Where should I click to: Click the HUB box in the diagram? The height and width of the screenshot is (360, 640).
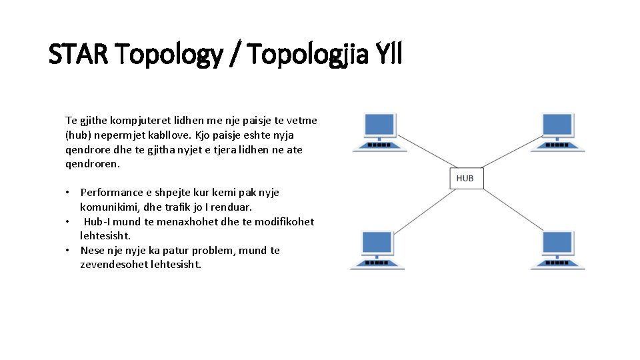465,178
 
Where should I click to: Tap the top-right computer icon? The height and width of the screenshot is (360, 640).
557,132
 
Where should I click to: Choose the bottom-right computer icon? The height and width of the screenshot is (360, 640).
557,249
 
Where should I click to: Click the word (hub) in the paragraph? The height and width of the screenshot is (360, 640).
79,135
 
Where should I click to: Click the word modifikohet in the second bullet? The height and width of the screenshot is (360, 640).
284,221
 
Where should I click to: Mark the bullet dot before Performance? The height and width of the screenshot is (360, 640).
68,192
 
